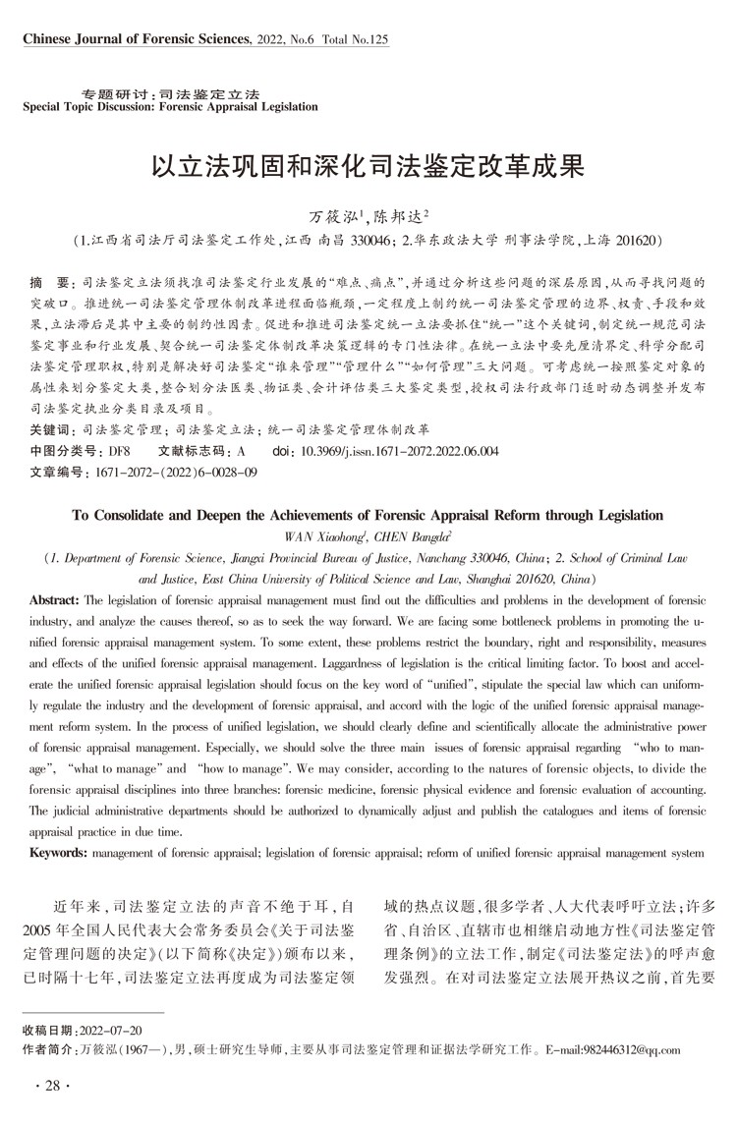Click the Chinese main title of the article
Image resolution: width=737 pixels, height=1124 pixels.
(x=368, y=163)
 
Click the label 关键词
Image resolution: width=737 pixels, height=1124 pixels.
(x=50, y=430)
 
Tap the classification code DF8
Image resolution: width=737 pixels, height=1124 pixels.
(x=120, y=451)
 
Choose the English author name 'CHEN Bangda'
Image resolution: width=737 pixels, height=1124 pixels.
(x=396, y=535)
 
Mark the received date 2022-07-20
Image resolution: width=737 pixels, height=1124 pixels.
(x=109, y=1030)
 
